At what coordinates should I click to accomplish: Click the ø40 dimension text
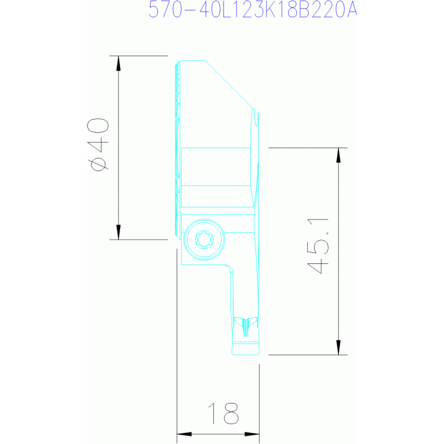pos(98,145)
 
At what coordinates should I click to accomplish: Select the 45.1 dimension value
pos(318,245)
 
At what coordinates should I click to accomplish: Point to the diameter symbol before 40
pos(98,164)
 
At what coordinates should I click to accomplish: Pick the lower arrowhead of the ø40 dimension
pos(119,232)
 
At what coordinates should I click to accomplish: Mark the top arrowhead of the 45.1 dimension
pos(339,155)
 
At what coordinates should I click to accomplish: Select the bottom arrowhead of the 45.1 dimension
pos(339,347)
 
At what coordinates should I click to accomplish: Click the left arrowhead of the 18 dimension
pos(184,434)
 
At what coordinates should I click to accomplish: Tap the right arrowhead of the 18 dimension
pos(252,434)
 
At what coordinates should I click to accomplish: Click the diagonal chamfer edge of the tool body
pos(229,85)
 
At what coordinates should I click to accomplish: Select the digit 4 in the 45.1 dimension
pos(318,265)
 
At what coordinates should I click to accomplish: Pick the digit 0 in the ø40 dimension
pos(98,127)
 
